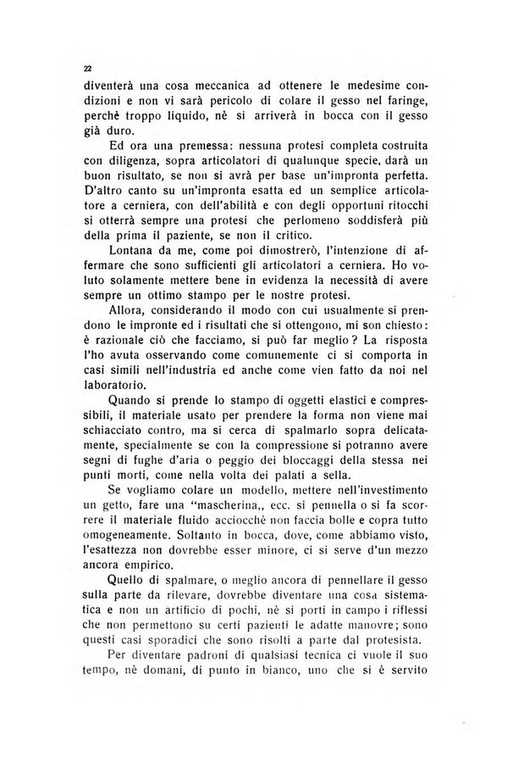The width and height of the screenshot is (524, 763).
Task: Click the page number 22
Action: (87, 68)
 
